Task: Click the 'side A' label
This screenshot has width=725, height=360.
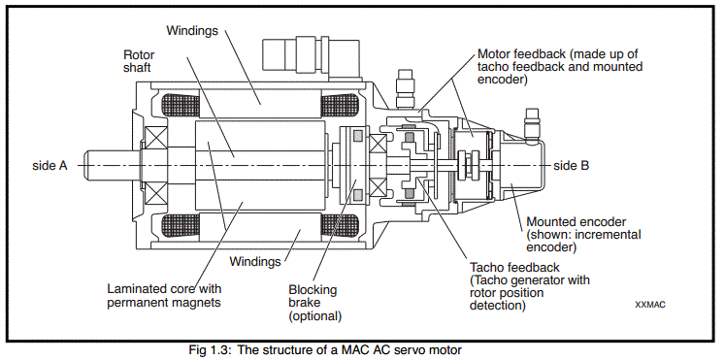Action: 49,165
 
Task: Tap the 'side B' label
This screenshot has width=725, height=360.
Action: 571,165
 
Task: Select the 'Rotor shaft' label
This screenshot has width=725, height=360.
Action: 139,61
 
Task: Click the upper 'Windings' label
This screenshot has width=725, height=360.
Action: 192,31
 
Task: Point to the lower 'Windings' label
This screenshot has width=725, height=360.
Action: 255,262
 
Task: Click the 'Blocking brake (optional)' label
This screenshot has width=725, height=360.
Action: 314,303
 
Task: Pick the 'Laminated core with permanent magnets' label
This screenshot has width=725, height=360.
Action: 164,296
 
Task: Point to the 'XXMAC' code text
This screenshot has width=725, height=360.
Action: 650,305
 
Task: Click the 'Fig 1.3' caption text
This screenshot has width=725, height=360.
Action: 206,350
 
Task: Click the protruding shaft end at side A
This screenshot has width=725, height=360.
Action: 112,165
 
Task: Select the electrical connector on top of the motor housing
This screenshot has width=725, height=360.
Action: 311,58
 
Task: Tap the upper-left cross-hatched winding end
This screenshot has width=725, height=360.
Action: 179,106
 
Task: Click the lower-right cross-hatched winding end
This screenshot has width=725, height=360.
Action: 340,225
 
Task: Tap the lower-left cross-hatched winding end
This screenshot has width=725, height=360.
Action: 179,225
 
